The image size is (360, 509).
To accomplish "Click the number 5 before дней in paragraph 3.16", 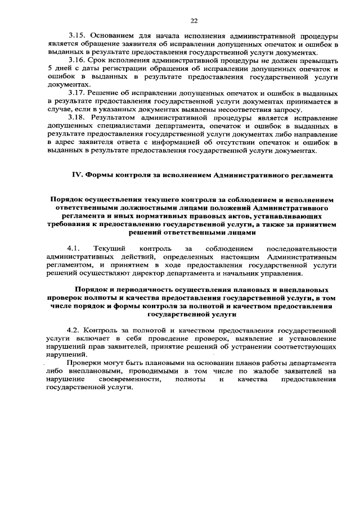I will click(49, 69).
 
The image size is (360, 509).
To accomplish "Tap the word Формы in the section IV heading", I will click(101, 175).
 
